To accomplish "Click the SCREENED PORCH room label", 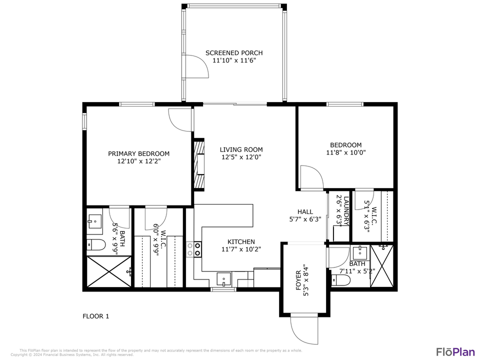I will [234, 53].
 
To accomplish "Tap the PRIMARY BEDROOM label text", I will [138, 154].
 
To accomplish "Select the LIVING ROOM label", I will [241, 149].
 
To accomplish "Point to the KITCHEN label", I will [241, 242].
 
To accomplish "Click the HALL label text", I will [305, 212].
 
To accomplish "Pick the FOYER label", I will [298, 280].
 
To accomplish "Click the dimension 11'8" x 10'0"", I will [346, 153].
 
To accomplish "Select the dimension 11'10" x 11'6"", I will [234, 60].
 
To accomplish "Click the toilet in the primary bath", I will [96, 244].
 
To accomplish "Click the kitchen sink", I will [223, 278].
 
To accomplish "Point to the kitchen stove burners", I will [194, 249].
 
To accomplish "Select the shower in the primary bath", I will [109, 271].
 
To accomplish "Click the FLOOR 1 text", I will [95, 316].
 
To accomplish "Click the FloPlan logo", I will [455, 351].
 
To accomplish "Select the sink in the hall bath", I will [359, 251].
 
